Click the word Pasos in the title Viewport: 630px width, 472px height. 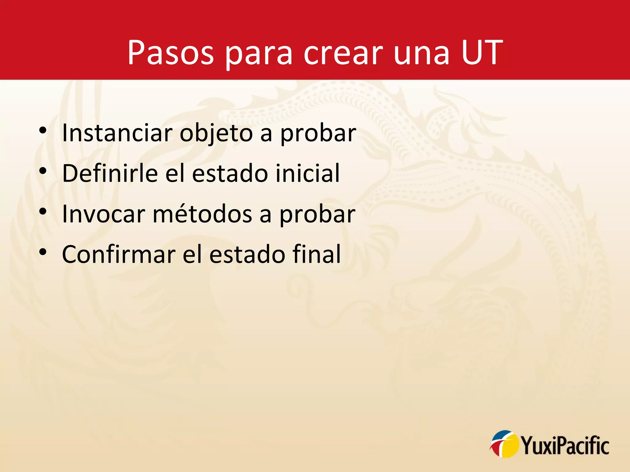[170, 53]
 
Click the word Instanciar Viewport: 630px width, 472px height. [117, 133]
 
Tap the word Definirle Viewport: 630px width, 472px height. [110, 173]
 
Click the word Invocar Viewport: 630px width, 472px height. [103, 214]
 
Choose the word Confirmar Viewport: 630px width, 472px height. [118, 254]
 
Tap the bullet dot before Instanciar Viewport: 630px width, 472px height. [43, 131]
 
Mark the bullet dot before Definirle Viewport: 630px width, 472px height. [43, 171]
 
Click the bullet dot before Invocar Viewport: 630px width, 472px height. [43, 211]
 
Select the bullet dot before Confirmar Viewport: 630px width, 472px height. [43, 252]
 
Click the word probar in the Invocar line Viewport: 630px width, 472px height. [317, 214]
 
